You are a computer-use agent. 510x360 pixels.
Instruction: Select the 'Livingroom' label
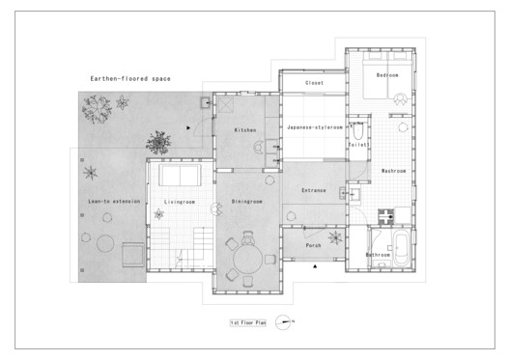coord(180,201)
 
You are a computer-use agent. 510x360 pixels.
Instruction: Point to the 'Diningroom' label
coord(247,201)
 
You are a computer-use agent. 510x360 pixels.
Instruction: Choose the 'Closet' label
coord(314,83)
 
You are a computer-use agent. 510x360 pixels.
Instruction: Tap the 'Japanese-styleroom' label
coord(311,127)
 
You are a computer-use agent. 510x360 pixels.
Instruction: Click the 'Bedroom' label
coord(387,74)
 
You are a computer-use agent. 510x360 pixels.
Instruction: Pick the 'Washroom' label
coord(393,170)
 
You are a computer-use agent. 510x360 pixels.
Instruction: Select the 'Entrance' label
coord(313,190)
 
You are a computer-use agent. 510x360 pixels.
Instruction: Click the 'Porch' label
coord(313,245)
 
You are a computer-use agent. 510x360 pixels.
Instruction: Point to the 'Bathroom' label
coord(378,254)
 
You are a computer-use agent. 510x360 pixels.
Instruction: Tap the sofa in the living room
coord(180,175)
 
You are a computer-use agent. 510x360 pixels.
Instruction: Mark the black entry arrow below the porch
coord(314,273)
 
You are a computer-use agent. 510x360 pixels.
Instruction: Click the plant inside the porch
coord(335,237)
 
